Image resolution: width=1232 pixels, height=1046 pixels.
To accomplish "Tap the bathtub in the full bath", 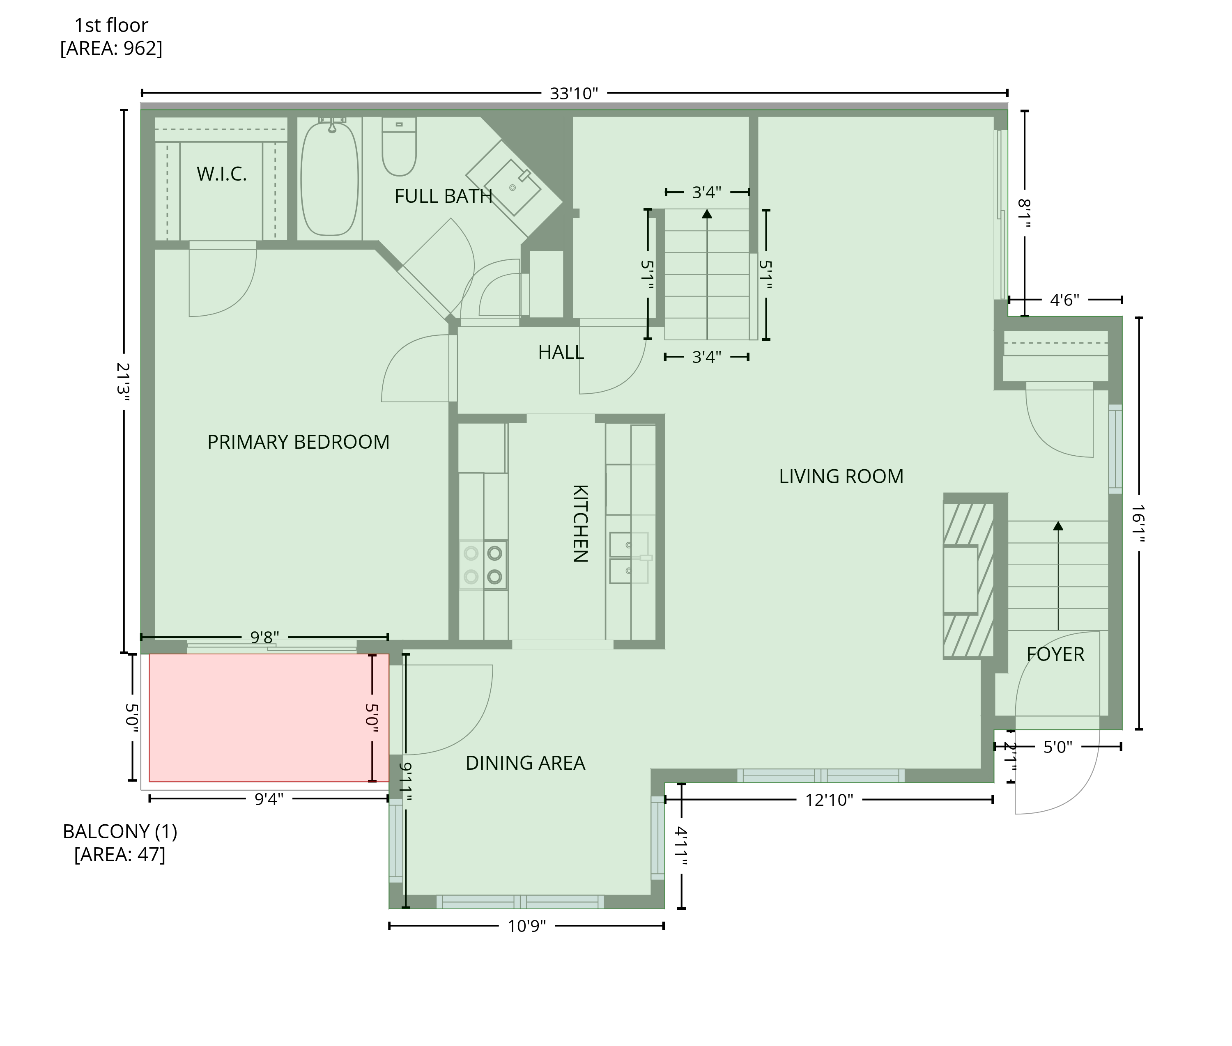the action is (330, 179).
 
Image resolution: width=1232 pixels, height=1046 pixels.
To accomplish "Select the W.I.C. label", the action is (221, 174).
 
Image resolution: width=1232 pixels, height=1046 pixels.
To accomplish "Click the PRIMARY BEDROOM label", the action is (299, 442).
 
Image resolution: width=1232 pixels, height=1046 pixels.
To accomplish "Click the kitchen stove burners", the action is (483, 565).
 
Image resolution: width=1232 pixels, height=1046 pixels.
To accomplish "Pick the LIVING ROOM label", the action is (841, 476).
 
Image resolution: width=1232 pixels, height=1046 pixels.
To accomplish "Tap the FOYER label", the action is (1055, 654).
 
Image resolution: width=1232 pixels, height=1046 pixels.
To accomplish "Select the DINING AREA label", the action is (526, 763).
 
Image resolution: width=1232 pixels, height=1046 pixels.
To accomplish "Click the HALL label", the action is (561, 352).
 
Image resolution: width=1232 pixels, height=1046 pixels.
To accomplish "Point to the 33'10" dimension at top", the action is (574, 93).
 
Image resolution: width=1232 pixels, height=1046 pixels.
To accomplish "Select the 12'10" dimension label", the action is (829, 800).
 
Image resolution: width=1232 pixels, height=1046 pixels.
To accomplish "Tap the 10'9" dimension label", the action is (526, 926).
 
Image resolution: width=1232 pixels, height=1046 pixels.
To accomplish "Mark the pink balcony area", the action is (269, 718).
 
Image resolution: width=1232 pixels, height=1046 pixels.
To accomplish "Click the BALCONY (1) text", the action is (120, 831).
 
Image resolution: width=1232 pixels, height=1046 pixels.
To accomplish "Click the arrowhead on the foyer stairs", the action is (1058, 525).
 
